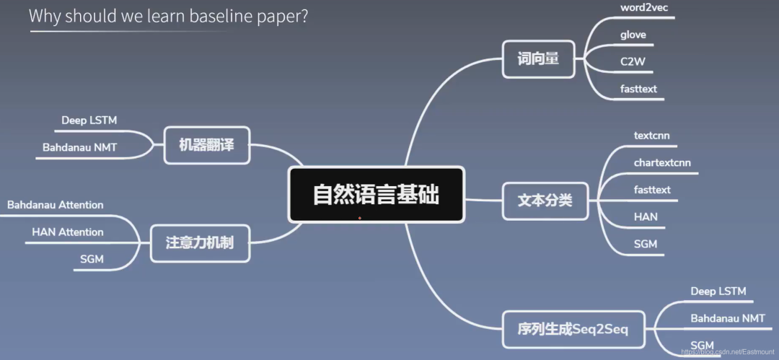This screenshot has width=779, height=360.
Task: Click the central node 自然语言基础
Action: click(x=376, y=195)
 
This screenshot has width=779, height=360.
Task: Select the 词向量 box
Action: click(x=538, y=59)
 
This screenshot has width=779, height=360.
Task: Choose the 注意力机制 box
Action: click(x=200, y=242)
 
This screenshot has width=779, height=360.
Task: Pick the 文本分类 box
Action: click(x=545, y=200)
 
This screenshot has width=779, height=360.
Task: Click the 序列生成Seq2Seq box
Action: click(x=573, y=330)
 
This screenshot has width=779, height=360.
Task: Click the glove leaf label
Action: click(x=633, y=35)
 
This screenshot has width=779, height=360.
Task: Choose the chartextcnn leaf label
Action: click(x=662, y=162)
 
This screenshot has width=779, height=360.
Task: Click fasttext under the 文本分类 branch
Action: click(x=652, y=189)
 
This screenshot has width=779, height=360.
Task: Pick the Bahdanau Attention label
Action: click(x=56, y=205)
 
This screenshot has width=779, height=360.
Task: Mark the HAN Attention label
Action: click(x=68, y=232)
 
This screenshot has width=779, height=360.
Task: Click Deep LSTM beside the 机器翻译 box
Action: click(x=90, y=120)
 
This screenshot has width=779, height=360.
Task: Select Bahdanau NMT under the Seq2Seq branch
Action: click(x=727, y=318)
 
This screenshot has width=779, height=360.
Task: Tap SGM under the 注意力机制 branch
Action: click(x=92, y=259)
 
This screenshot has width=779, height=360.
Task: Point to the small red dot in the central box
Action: click(x=359, y=217)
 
